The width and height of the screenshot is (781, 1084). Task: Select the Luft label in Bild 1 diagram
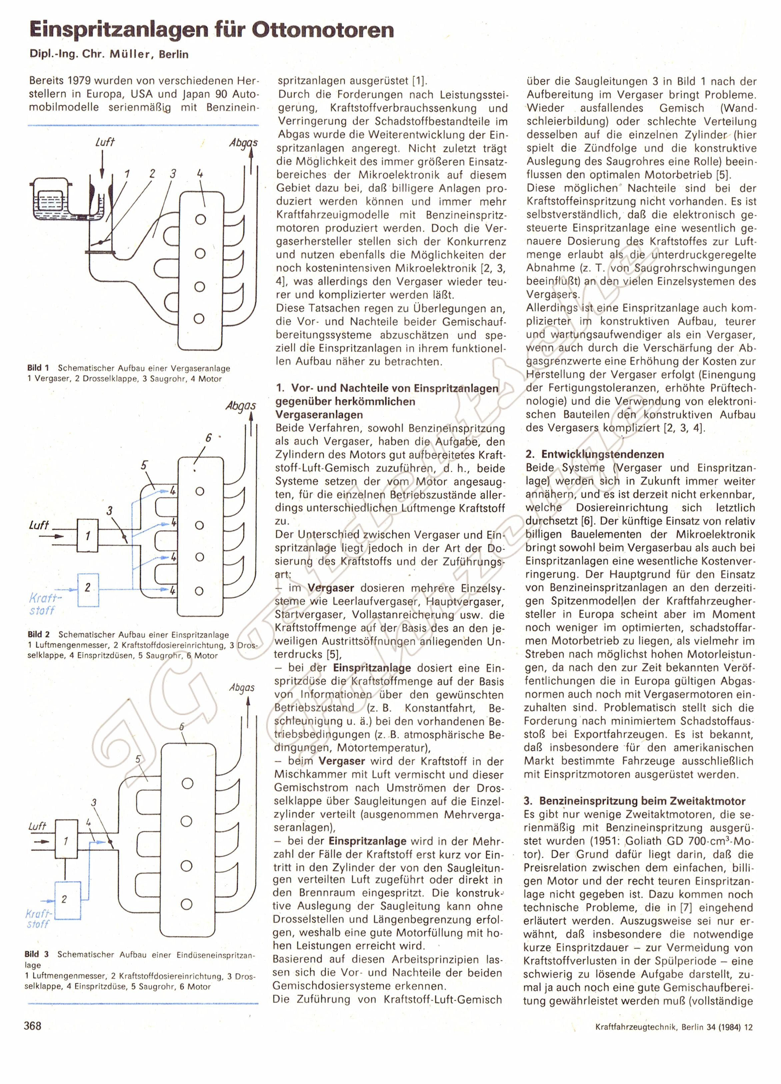[105, 142]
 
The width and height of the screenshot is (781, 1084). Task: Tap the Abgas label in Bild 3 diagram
[242, 688]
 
